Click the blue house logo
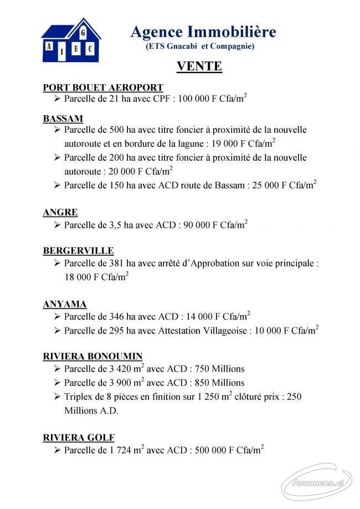(x=70, y=39)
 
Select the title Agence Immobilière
(x=203, y=32)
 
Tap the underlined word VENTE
(x=199, y=66)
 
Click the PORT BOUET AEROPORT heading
(x=103, y=88)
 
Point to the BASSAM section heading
(x=63, y=119)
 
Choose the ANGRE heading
(x=60, y=212)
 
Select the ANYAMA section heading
(x=65, y=304)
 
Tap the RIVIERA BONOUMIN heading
(x=92, y=356)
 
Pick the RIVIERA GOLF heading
(x=79, y=438)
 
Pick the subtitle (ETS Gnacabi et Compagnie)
(x=200, y=47)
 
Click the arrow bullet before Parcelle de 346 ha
(x=57, y=317)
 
